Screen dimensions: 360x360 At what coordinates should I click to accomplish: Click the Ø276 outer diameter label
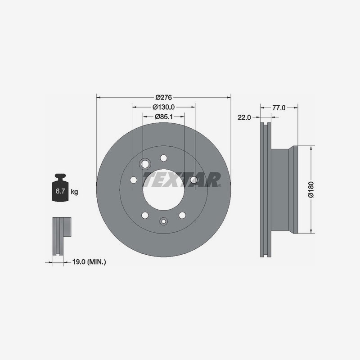163,97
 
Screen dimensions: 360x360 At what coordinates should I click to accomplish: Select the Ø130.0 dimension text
163,107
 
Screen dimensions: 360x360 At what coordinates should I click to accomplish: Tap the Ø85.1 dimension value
164,117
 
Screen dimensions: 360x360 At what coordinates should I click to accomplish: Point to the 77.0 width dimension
279,108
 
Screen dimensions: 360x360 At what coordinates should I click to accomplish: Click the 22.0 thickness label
244,117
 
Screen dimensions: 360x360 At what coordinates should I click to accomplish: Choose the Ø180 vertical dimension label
311,189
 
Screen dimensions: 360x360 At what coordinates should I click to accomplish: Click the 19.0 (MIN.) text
89,262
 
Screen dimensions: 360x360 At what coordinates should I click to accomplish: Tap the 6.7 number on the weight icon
60,191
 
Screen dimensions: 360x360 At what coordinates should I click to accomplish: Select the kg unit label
74,192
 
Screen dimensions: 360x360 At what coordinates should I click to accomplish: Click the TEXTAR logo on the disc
182,180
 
